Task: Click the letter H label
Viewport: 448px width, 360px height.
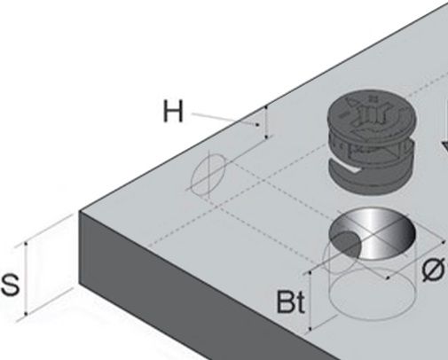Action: [173, 111]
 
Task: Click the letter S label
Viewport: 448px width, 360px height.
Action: [11, 285]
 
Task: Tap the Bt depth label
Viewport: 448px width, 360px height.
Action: [290, 302]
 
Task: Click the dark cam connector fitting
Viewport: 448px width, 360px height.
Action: [372, 142]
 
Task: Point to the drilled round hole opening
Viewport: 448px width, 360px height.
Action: [373, 233]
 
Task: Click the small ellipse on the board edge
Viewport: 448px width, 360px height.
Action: [208, 175]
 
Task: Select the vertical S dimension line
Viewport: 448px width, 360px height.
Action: [26, 278]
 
